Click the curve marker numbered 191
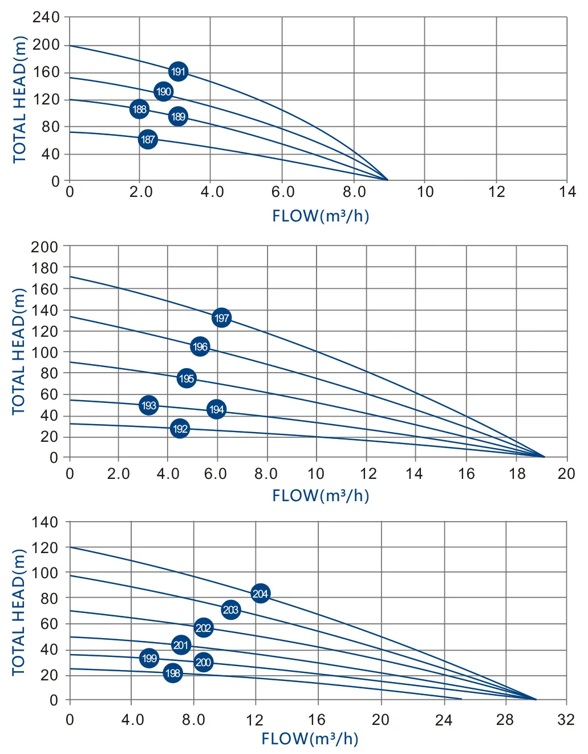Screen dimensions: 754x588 coord(179,71)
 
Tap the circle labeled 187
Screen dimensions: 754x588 coord(148,139)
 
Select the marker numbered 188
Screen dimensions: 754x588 coord(139,109)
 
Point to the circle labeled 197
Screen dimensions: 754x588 coord(221,318)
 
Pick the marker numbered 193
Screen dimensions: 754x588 coord(148,405)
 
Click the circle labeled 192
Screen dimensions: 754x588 coord(180,429)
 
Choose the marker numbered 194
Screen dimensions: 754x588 coord(216,409)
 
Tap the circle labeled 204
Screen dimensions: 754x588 coord(260,594)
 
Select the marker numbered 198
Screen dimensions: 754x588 coord(172,674)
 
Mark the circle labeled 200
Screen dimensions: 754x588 coord(203,663)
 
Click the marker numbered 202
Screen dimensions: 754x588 coord(203,628)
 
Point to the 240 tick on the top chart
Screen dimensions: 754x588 coord(46,17)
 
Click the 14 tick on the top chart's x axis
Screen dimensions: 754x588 coord(567,192)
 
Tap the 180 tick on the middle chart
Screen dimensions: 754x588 coord(44,268)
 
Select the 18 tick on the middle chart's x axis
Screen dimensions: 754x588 coord(517,474)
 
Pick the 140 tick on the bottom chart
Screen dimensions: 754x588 coord(44,522)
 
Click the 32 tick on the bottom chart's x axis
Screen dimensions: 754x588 coord(566,719)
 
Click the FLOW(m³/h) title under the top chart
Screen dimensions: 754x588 coord(321,216)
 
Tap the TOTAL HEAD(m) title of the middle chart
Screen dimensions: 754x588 coord(19,351)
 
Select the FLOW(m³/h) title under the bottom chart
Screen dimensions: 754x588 coord(310,739)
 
